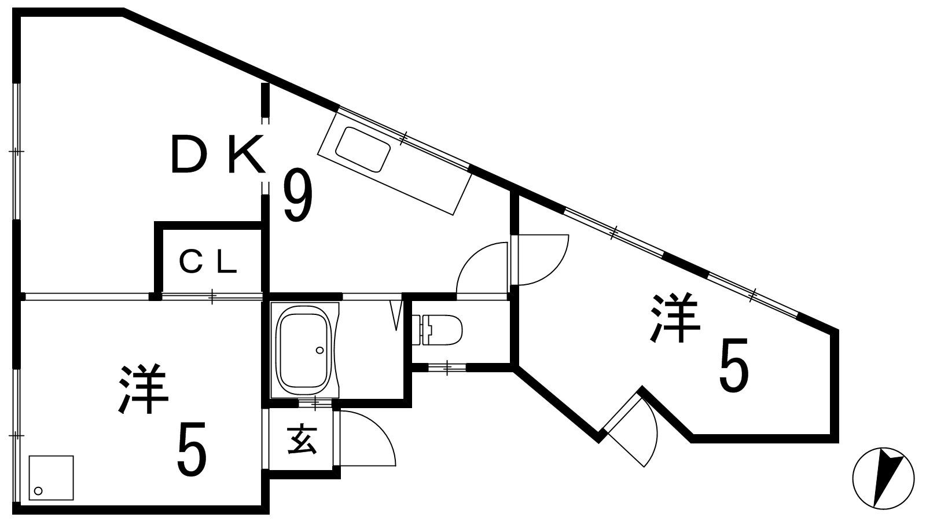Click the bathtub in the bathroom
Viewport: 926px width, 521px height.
coord(304,349)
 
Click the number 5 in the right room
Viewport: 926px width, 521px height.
coord(734,366)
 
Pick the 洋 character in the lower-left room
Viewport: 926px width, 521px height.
coord(144,389)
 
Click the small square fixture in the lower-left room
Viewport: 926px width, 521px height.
coord(51,478)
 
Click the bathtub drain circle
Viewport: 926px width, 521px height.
coord(319,350)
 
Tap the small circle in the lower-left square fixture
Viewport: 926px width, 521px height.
coord(39,491)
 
